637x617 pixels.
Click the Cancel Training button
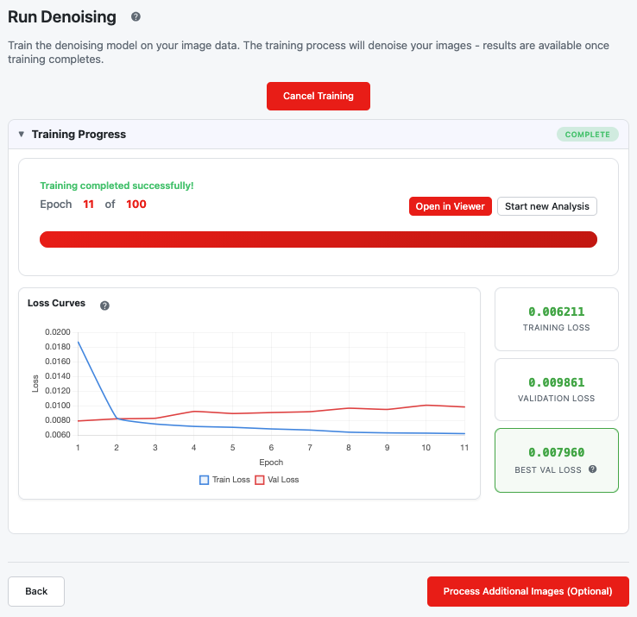click(x=318, y=96)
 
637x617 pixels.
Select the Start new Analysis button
click(x=547, y=206)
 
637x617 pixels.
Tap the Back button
click(x=36, y=591)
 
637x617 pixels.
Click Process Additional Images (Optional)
click(x=527, y=591)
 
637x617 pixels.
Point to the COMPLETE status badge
click(x=588, y=135)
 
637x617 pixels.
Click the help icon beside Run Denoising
click(x=136, y=16)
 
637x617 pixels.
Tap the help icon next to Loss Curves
click(x=104, y=305)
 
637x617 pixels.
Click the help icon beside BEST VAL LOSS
click(x=593, y=469)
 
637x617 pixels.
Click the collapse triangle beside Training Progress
click(x=22, y=134)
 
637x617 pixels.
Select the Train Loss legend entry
click(x=224, y=480)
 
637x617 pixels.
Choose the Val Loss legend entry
click(x=277, y=480)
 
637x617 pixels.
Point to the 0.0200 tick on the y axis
click(x=58, y=332)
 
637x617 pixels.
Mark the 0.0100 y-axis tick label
click(x=58, y=406)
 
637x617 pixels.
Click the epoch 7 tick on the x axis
click(x=310, y=448)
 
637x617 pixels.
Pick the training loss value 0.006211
click(x=556, y=312)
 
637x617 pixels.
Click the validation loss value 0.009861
click(x=556, y=382)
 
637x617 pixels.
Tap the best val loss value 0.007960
click(x=556, y=452)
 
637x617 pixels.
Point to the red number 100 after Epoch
click(x=136, y=204)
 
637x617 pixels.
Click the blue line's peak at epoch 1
click(x=78, y=342)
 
